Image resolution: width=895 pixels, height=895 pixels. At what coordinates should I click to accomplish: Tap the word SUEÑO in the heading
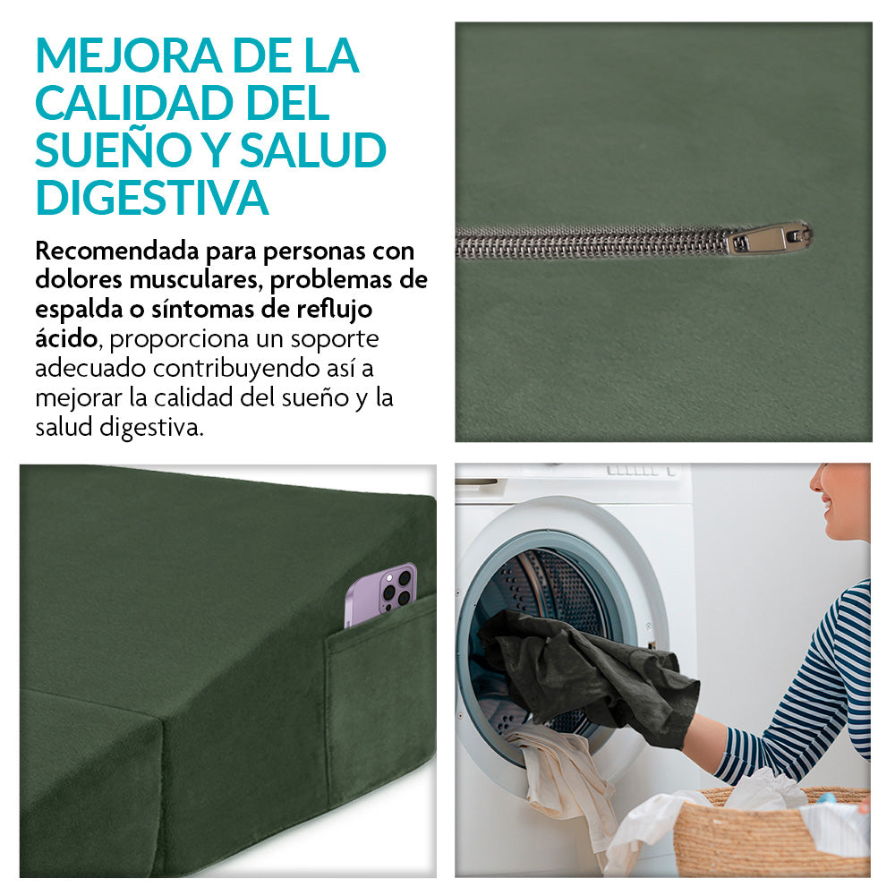click(115, 150)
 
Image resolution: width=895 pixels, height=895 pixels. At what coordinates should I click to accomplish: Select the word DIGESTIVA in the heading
click(152, 198)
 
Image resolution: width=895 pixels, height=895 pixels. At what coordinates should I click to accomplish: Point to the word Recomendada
click(117, 250)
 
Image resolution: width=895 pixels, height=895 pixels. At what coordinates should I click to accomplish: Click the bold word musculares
click(194, 279)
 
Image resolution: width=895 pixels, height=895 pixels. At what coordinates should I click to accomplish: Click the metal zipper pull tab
click(769, 237)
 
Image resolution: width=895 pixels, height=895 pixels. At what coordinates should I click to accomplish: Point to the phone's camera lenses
click(397, 588)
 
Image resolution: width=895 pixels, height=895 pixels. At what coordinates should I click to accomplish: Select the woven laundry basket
click(771, 833)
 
